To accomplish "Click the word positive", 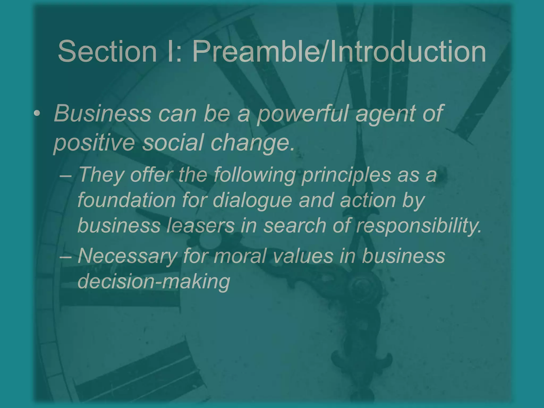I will coord(94,142).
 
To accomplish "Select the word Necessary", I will coord(127,256).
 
